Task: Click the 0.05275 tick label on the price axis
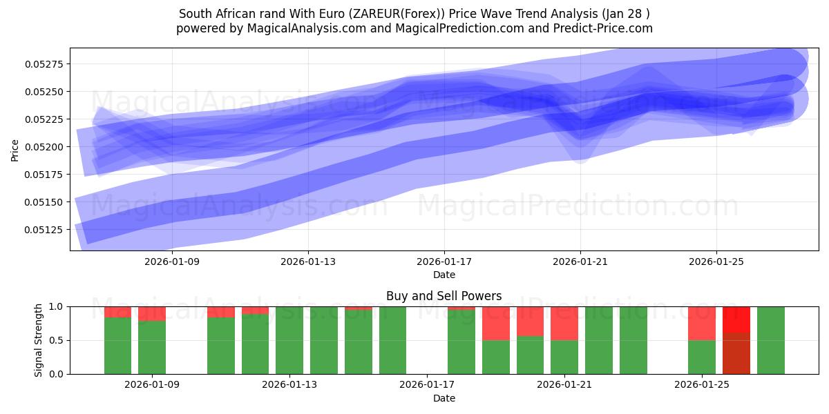click(45, 64)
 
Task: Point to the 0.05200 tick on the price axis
click(45, 147)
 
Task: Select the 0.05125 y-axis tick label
click(45, 230)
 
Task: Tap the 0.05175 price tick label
click(45, 175)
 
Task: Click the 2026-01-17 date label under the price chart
click(444, 262)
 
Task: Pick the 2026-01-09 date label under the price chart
click(171, 262)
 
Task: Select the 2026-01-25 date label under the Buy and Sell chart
click(702, 385)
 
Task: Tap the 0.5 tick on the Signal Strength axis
click(57, 341)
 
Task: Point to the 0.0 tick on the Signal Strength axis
click(57, 375)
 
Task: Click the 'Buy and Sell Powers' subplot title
click(444, 296)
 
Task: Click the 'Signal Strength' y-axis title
click(39, 340)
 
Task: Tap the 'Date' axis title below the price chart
click(444, 275)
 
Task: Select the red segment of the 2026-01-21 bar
click(564, 323)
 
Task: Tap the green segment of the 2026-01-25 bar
click(702, 357)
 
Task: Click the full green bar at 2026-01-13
click(289, 340)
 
